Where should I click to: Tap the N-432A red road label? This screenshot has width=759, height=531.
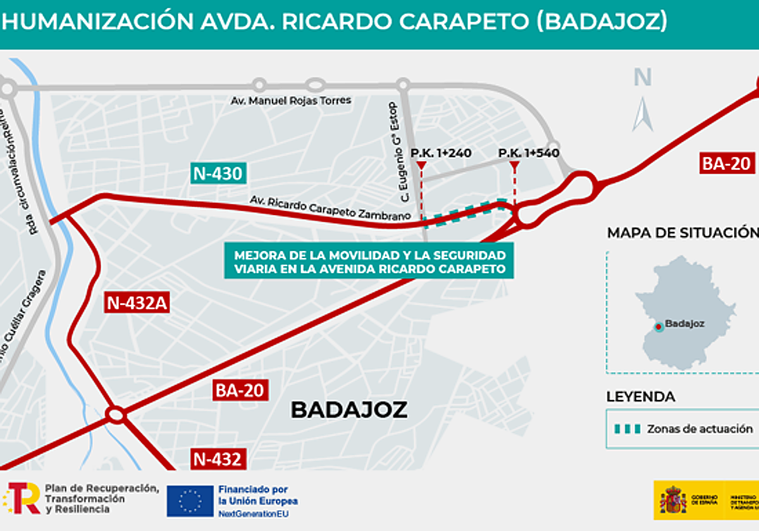(137, 303)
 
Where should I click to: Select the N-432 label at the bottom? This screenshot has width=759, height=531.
(218, 459)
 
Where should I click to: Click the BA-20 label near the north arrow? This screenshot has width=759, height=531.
(727, 164)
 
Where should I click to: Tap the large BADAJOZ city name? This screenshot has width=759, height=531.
(349, 410)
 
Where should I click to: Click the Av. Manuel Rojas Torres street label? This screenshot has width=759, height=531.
(291, 101)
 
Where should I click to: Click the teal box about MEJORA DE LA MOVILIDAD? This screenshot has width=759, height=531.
(369, 262)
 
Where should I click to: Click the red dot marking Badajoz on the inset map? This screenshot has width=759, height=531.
(658, 326)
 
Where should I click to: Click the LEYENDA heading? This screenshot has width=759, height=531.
(641, 397)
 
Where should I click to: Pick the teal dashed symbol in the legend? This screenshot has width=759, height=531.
(627, 429)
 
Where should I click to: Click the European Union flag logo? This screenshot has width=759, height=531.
(190, 501)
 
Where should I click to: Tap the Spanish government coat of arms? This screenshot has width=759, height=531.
(673, 500)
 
